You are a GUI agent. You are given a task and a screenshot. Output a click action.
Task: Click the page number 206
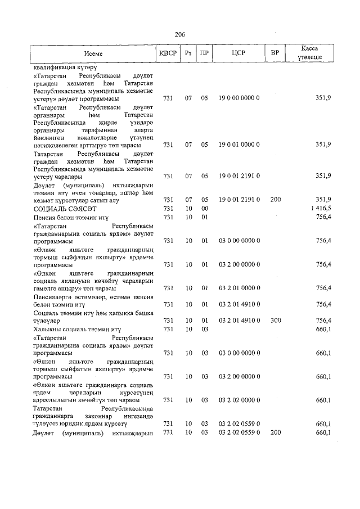pos(180,34)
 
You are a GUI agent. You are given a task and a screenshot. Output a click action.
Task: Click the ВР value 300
pos(275,320)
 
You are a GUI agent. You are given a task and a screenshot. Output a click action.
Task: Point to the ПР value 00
pos(205,208)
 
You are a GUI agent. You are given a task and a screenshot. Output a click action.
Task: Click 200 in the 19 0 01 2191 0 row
pos(275,199)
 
